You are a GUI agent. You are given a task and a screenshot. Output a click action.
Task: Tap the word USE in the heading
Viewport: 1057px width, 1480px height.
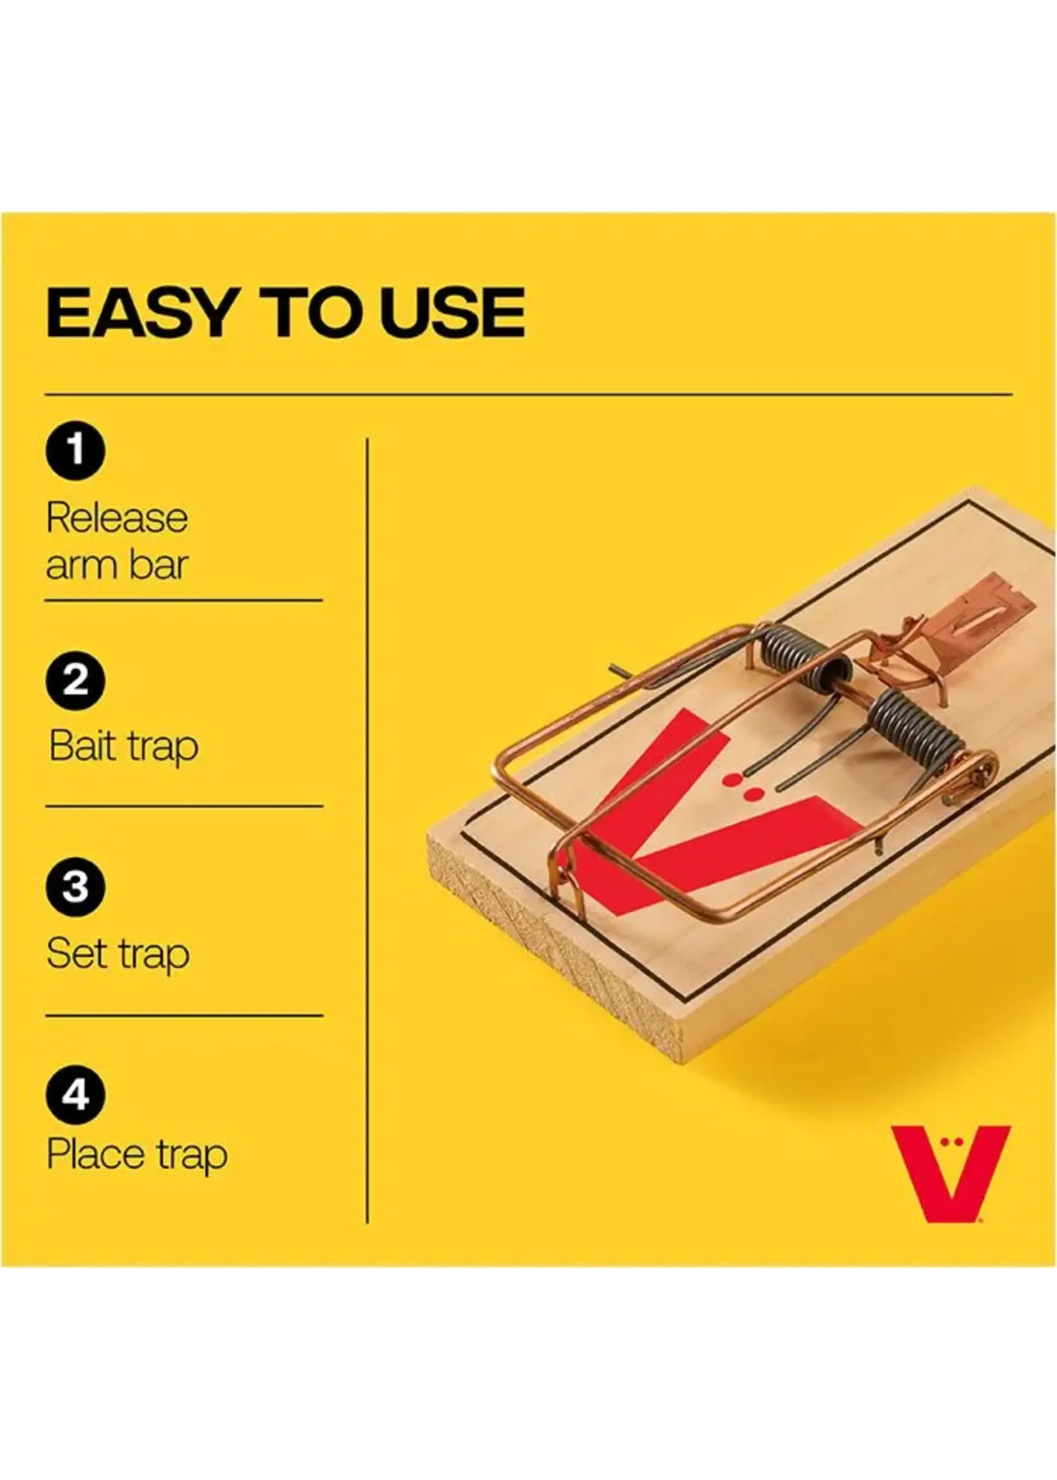pyautogui.click(x=453, y=313)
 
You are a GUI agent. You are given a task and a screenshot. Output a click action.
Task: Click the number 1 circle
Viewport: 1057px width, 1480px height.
pyautogui.click(x=75, y=450)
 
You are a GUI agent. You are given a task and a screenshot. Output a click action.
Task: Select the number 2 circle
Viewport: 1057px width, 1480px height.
pyautogui.click(x=75, y=680)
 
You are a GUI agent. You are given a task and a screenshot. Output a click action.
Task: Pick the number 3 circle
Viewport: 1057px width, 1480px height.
pyautogui.click(x=75, y=887)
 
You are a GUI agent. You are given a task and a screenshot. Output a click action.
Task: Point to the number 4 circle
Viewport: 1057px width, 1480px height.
pyautogui.click(x=75, y=1095)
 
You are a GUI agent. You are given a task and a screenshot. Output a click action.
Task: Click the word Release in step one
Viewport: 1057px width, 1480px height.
pyautogui.click(x=117, y=519)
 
